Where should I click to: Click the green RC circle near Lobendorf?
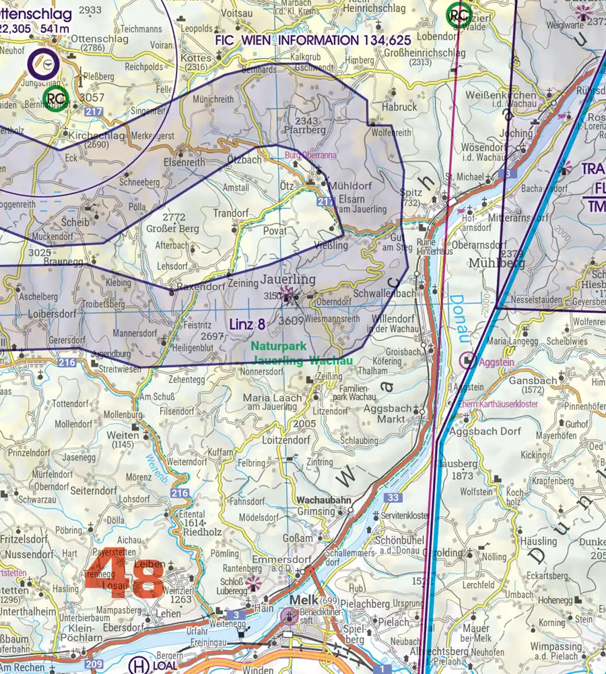click(459, 13)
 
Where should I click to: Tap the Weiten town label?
click(123, 435)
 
